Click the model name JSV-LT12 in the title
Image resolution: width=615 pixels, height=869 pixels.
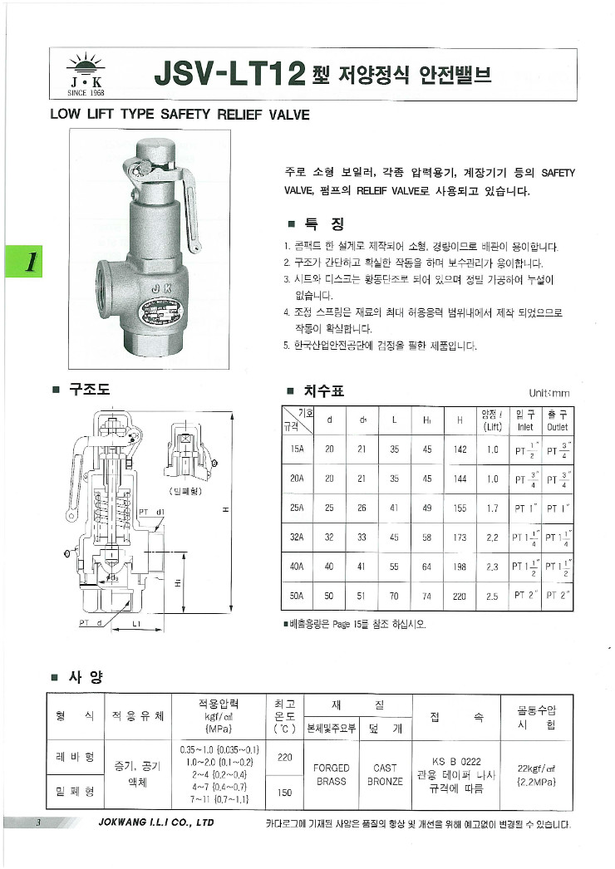tap(231, 76)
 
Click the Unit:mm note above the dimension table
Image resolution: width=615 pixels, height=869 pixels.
tap(549, 393)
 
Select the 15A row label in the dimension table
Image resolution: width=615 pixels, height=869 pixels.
tap(296, 449)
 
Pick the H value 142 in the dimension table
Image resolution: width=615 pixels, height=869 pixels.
tap(459, 449)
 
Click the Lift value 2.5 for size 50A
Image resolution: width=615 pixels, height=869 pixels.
tap(492, 596)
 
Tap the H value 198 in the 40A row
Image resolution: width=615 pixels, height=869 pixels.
tap(459, 567)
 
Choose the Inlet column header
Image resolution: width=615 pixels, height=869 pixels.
tap(524, 428)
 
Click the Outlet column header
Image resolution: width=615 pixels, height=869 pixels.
tap(556, 428)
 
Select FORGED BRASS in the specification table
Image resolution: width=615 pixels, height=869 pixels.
tap(331, 775)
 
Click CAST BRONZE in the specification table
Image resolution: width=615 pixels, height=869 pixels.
tap(385, 775)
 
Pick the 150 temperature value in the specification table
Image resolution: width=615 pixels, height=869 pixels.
tap(284, 793)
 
